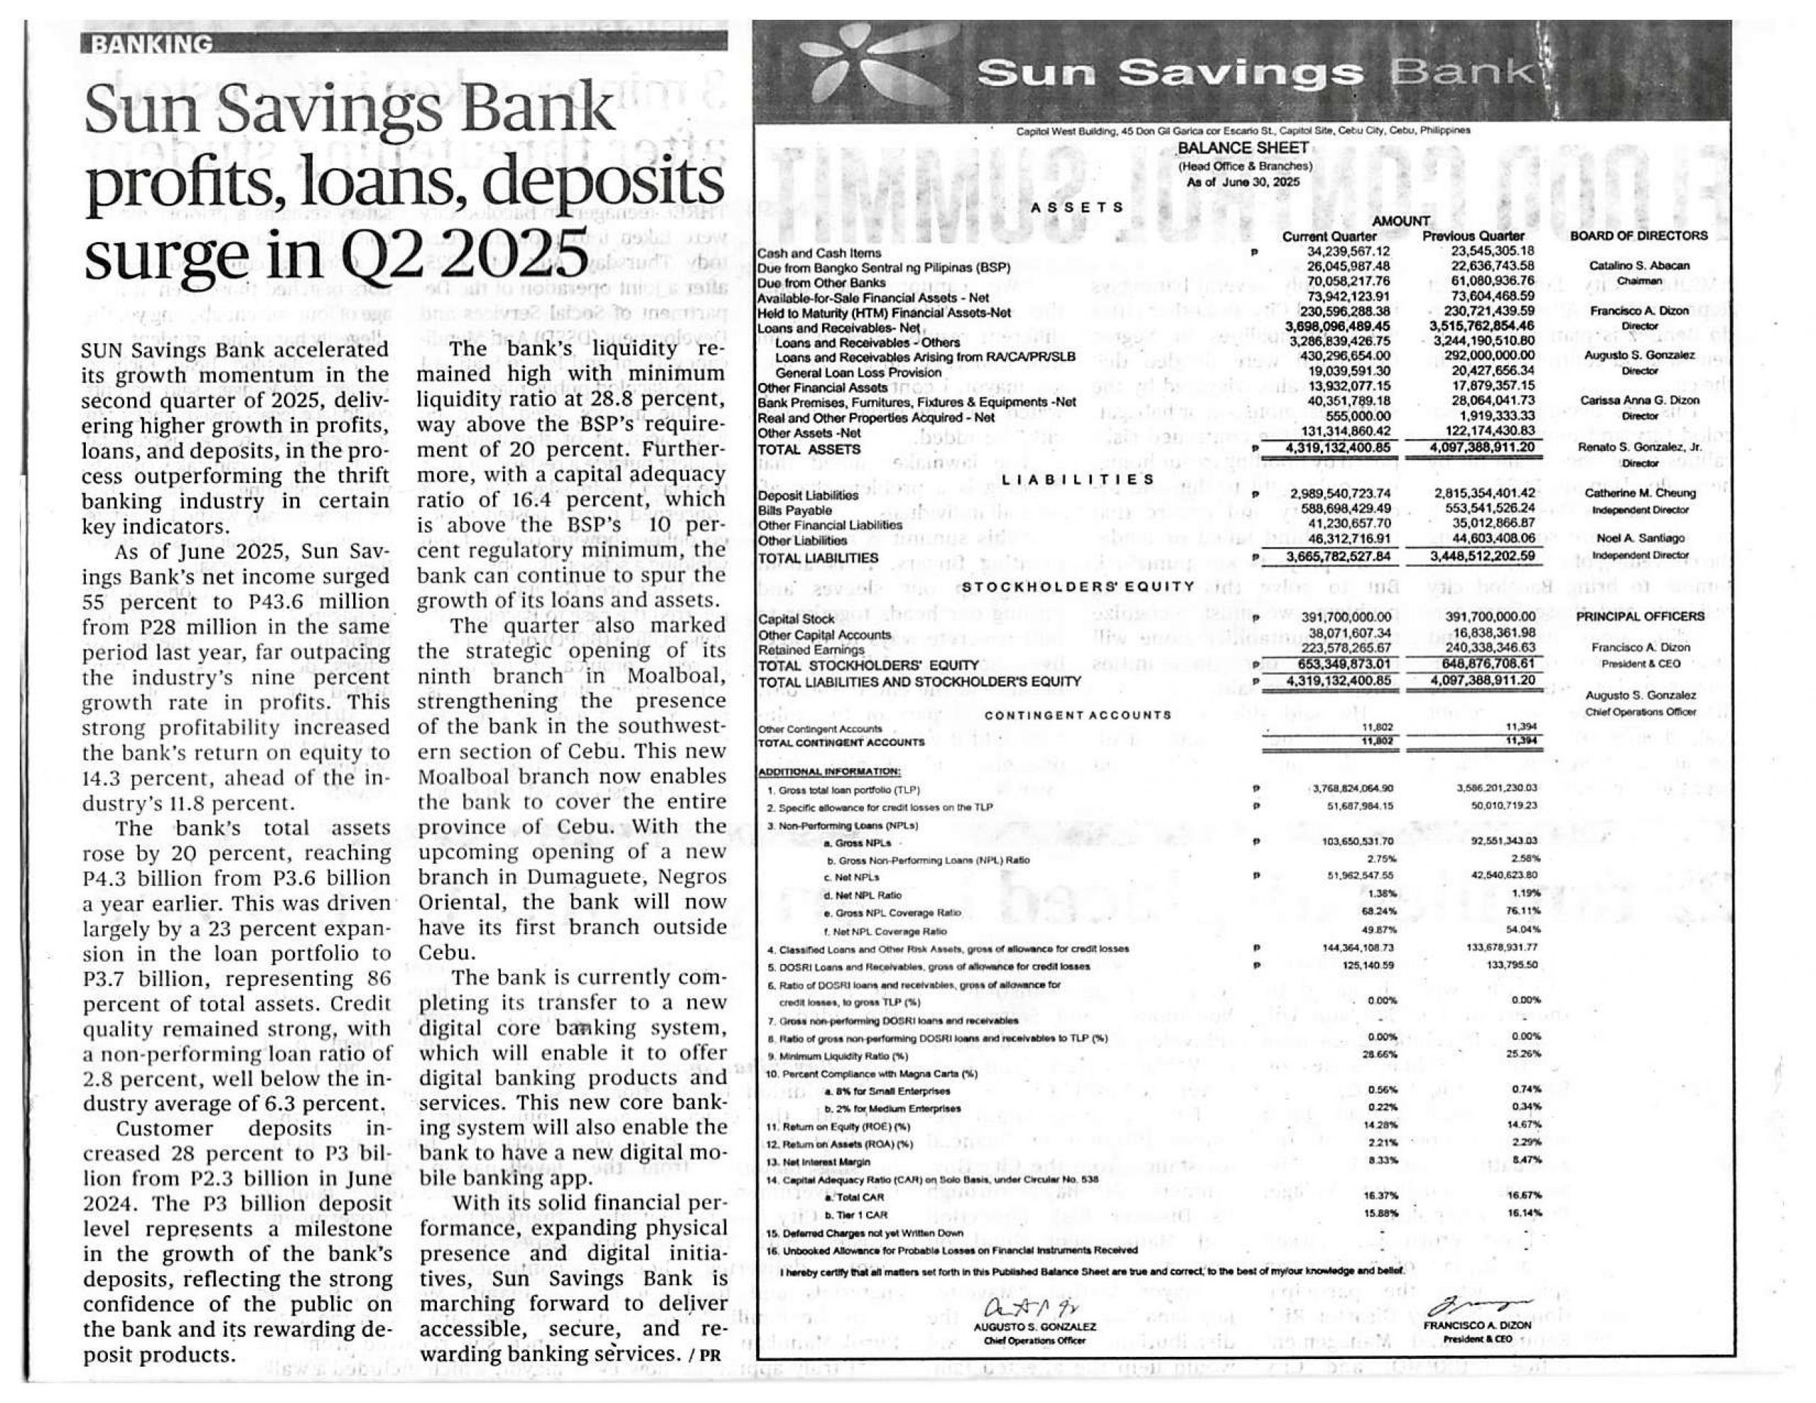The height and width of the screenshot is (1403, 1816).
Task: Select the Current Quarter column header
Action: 1329,237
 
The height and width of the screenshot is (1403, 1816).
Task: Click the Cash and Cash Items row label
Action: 819,253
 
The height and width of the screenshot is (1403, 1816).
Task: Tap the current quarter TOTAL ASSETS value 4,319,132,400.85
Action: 1337,449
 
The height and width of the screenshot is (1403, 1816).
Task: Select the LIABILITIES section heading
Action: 1078,480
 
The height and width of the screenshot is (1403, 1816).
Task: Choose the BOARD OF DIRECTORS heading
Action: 1638,236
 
